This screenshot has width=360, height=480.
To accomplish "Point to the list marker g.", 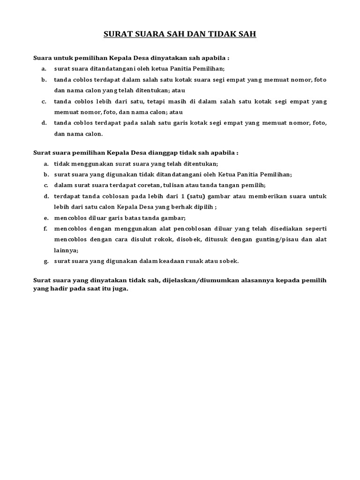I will coord(45,261).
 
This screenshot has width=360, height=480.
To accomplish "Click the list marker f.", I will coord(45,228).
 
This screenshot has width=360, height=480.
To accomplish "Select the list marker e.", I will coord(45,217).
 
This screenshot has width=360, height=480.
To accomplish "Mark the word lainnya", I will coord(65,250).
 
